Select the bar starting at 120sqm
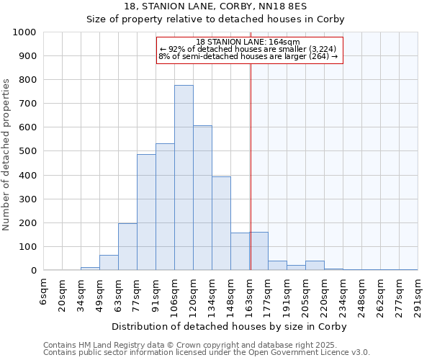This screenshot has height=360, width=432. click(x=202, y=198)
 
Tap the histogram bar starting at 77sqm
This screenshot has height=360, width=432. click(x=146, y=212)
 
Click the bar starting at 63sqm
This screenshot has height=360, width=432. click(x=127, y=247)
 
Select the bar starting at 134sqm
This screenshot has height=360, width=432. click(x=221, y=223)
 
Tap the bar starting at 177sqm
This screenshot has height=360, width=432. click(x=277, y=266)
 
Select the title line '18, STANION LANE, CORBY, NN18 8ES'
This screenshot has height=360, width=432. click(x=216, y=6)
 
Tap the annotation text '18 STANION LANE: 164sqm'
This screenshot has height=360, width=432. click(x=248, y=42)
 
